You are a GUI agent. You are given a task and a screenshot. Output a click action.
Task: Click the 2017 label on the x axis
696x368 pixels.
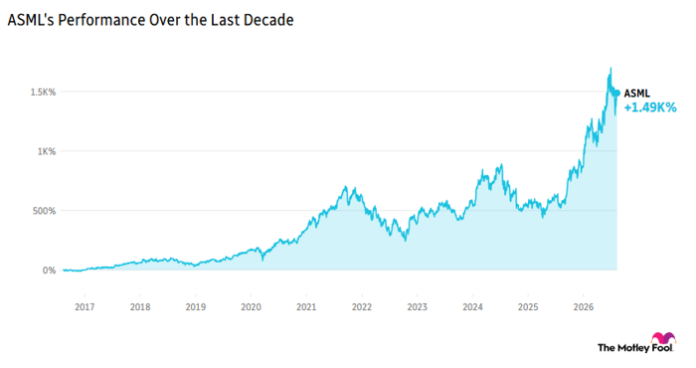click(85, 306)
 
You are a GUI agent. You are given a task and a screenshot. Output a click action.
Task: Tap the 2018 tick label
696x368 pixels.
click(140, 306)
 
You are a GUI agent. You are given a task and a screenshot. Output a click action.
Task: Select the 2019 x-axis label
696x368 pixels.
click(195, 306)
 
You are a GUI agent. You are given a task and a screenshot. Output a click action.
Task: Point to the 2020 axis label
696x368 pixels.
click(251, 306)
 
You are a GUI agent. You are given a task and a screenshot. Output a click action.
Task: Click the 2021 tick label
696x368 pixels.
click(306, 306)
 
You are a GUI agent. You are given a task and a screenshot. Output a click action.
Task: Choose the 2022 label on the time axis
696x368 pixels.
click(362, 306)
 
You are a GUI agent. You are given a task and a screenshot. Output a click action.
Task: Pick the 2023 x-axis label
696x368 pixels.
click(418, 306)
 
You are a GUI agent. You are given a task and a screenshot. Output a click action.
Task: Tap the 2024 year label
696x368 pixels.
click(472, 306)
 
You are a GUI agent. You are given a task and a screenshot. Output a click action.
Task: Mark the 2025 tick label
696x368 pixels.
click(528, 306)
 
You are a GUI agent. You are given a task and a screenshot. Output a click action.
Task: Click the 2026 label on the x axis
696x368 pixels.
click(584, 306)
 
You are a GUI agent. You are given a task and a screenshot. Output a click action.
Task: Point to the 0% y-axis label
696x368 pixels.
click(49, 271)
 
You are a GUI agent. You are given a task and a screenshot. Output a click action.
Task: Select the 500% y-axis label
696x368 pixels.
click(44, 211)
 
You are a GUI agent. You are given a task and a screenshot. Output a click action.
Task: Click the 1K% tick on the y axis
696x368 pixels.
click(47, 151)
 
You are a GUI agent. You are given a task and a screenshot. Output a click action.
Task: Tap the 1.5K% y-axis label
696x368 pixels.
click(43, 92)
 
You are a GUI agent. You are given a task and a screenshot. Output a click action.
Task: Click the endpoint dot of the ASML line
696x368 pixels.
click(616, 93)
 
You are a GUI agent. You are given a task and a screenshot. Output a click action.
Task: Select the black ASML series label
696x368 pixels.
click(637, 93)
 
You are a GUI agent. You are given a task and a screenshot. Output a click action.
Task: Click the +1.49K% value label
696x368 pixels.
click(650, 107)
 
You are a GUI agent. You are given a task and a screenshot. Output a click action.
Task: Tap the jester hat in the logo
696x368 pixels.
click(663, 338)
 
